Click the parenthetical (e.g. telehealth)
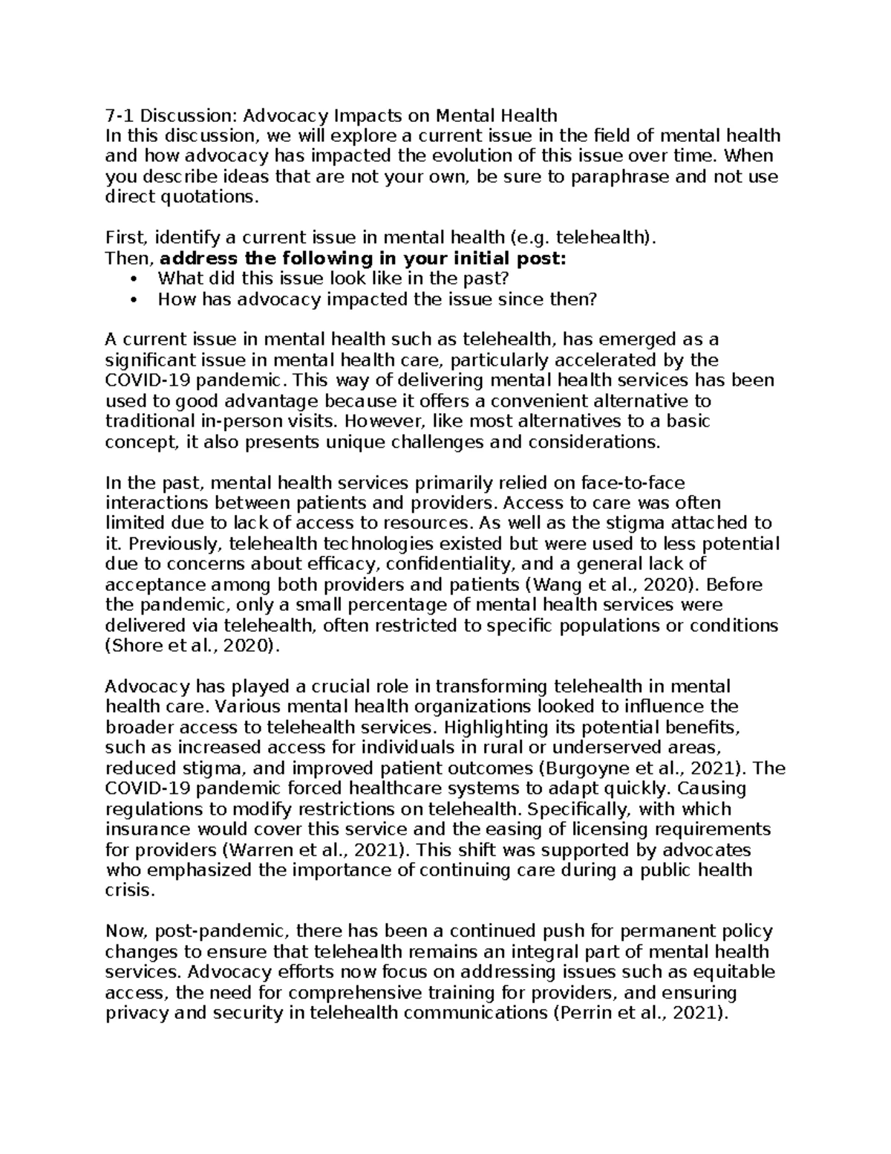click(x=584, y=238)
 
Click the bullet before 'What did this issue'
click(x=134, y=279)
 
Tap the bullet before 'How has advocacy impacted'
click(x=134, y=299)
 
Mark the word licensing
click(x=646, y=829)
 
